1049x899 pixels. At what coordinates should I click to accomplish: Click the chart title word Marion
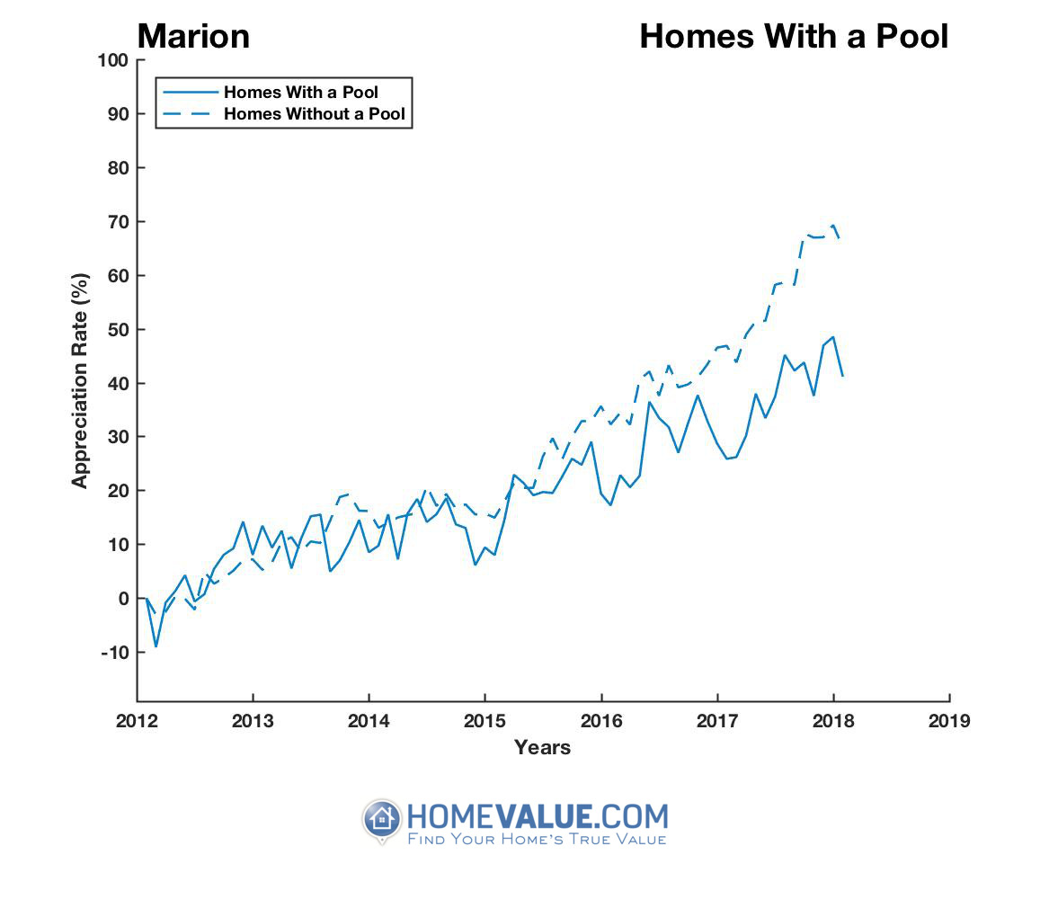tap(193, 37)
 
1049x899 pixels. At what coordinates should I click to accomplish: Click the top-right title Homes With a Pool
tap(793, 37)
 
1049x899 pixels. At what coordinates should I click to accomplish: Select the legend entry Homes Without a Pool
tap(314, 114)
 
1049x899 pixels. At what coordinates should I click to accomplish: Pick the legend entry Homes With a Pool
tap(300, 93)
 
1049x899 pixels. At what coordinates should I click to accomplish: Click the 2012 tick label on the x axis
tap(137, 721)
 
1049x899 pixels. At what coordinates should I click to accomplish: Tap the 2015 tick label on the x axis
tap(485, 721)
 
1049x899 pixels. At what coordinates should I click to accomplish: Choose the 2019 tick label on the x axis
tap(950, 721)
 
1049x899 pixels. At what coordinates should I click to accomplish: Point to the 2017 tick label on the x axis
tap(717, 721)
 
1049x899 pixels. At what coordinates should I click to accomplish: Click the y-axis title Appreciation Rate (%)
tap(81, 380)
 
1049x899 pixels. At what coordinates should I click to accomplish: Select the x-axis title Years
tap(542, 747)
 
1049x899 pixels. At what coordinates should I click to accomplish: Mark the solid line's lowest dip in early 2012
tap(156, 646)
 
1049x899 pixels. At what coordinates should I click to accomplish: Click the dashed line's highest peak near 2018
tap(834, 226)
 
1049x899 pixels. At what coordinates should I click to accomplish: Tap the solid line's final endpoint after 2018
tap(843, 377)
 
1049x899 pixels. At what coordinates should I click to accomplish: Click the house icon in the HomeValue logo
tap(382, 820)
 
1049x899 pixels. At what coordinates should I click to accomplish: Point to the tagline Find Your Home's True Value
tap(537, 840)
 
